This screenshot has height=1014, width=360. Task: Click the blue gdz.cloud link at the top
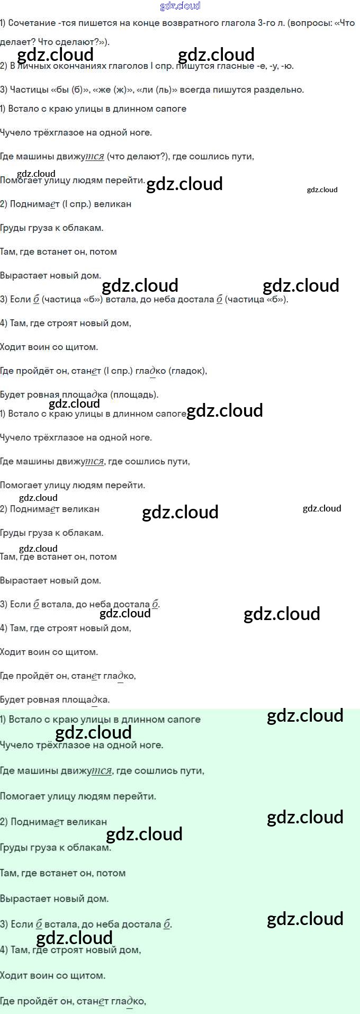pos(180,6)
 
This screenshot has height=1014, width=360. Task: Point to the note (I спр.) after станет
pos(118,371)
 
